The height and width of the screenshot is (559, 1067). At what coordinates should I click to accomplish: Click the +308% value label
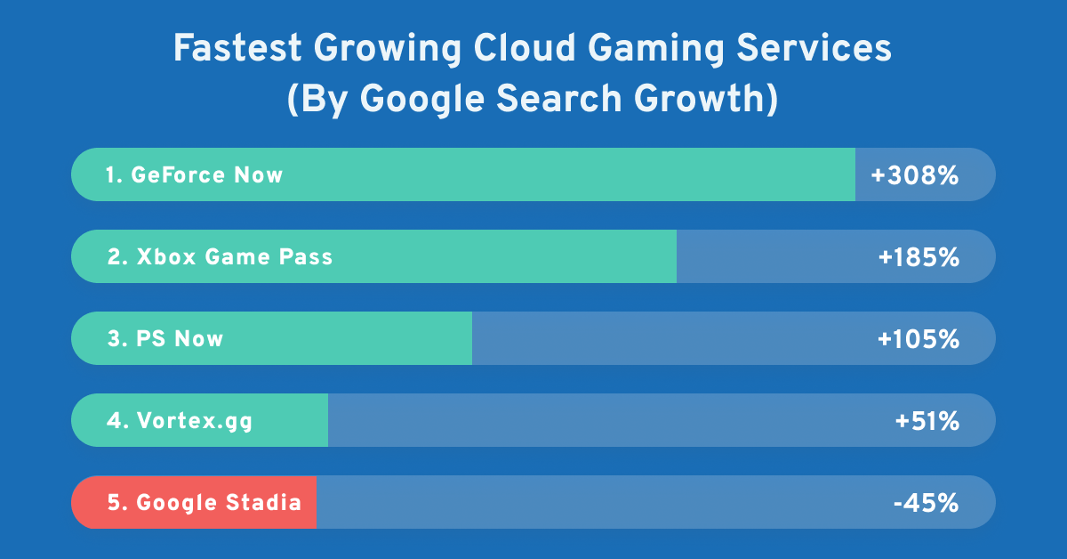915,175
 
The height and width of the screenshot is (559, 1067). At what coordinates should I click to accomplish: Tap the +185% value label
919,257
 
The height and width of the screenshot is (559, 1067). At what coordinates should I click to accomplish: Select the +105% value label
919,339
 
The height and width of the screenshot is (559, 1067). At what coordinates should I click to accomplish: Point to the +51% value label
927,421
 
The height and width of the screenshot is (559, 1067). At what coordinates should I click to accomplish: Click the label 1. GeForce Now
194,175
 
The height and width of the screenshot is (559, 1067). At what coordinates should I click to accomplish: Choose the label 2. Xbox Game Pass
220,257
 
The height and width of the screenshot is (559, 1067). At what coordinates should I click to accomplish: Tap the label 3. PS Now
165,339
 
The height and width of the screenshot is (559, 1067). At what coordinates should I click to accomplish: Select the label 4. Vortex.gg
180,421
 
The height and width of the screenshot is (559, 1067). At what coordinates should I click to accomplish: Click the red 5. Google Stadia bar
194,503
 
